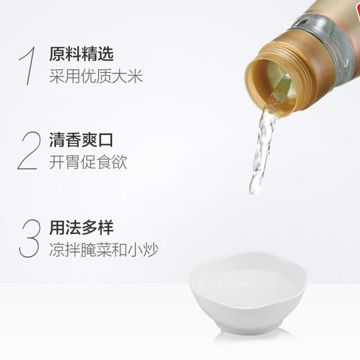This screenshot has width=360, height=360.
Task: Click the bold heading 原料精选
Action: point(82,54)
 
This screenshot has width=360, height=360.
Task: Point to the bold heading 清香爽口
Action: point(82,141)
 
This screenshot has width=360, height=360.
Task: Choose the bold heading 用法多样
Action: point(82,227)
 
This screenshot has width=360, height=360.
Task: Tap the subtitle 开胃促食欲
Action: point(89,163)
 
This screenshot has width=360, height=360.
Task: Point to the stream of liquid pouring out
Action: point(262,149)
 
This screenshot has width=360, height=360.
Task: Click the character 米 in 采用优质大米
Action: point(136,77)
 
